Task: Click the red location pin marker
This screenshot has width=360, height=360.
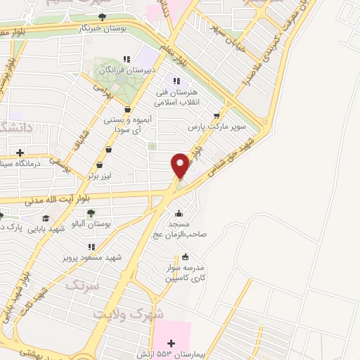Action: (x=181, y=165)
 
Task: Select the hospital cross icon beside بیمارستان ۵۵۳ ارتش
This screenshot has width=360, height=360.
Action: (x=172, y=342)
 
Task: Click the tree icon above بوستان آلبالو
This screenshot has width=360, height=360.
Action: (x=90, y=212)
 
